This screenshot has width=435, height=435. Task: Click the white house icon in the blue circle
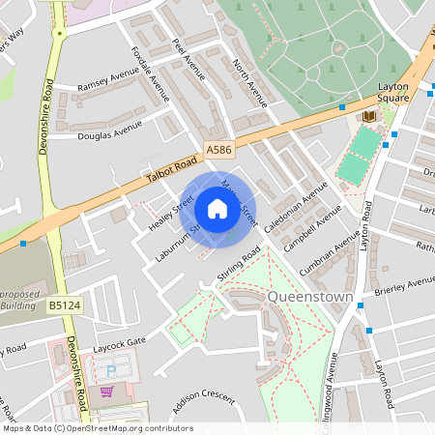click(217, 209)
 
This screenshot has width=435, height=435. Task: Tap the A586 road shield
click(218, 151)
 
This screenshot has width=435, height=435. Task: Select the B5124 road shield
click(64, 305)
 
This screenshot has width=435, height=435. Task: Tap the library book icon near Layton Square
click(368, 116)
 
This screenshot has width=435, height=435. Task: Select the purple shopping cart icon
click(106, 392)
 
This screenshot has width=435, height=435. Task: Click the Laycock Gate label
click(118, 340)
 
